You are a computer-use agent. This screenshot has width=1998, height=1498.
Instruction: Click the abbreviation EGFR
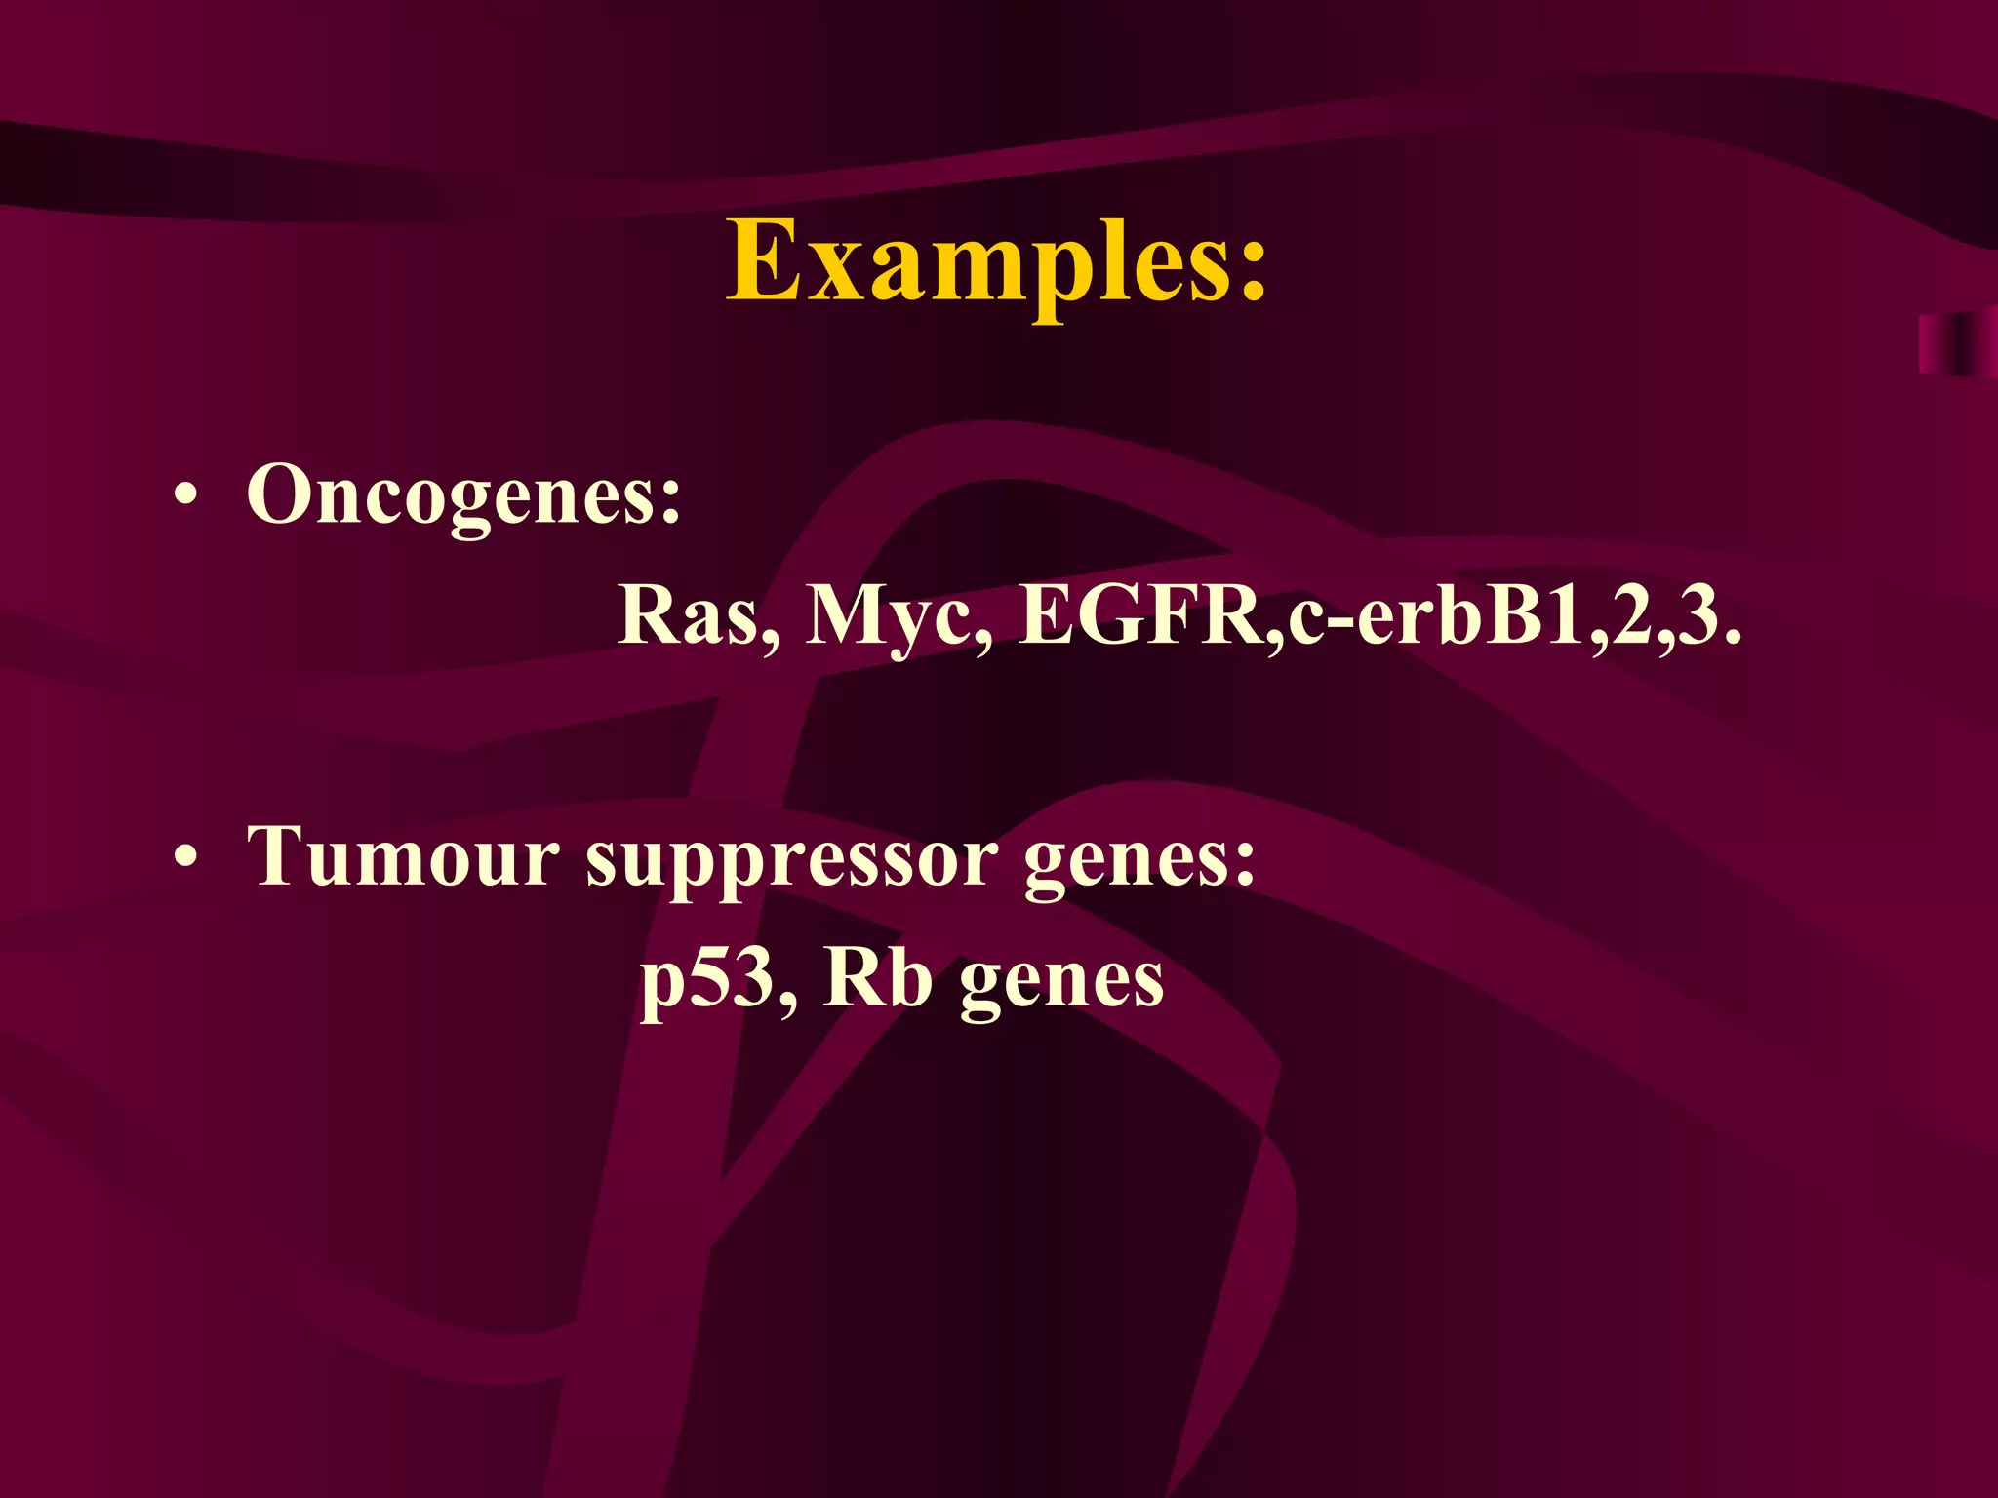(1140, 616)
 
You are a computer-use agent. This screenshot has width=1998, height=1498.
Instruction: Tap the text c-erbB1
(1433, 616)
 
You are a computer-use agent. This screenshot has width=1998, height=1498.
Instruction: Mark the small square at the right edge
(1957, 344)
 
